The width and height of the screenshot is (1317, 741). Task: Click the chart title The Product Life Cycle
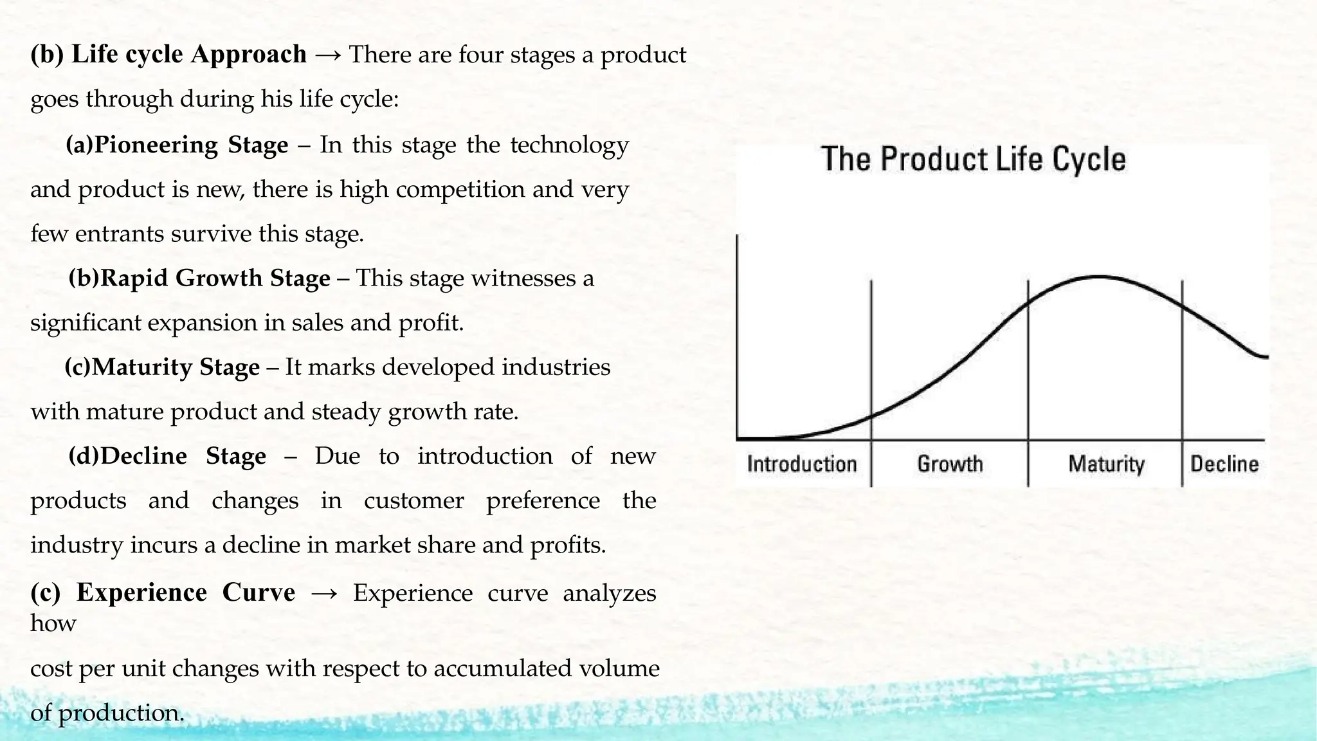coord(974,160)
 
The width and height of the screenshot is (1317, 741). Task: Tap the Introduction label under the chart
coord(802,464)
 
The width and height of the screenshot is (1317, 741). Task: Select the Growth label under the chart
coord(950,464)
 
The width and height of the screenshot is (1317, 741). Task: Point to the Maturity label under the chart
coord(1106,464)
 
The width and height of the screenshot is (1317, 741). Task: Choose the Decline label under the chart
coord(1224,464)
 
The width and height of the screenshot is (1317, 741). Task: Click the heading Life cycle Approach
coord(188,54)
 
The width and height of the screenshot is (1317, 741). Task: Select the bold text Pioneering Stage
coord(190,145)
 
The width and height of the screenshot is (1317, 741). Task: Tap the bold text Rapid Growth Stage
coord(215,278)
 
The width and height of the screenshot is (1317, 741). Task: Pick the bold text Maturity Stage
coord(175,367)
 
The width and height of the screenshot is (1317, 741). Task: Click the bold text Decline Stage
coord(183,456)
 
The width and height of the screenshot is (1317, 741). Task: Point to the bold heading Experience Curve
coord(185,592)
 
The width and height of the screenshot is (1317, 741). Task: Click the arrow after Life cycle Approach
coord(328,55)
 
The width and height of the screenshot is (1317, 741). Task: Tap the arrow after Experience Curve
coord(323,594)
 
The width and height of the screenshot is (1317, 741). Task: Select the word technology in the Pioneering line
coord(569,145)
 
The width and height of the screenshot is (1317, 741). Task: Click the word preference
coord(543,500)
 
